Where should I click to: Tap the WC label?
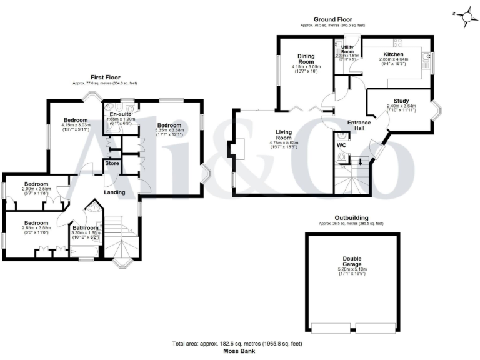point(341,146)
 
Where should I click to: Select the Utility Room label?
point(348,49)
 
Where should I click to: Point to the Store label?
point(112,164)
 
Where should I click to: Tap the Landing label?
point(115,192)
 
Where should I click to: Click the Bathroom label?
point(86,228)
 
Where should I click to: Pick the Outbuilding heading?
point(351,218)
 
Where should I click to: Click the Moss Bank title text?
point(239,351)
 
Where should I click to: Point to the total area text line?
point(239,344)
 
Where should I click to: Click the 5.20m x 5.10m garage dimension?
point(352,270)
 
